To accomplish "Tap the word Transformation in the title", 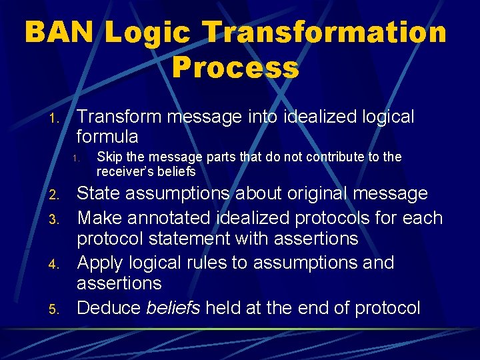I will click(x=324, y=32).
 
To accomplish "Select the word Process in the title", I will click(x=235, y=67).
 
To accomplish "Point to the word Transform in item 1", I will click(x=119, y=117).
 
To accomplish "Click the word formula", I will click(x=107, y=137).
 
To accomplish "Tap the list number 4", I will click(x=56, y=264).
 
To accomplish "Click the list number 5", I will click(x=56, y=309).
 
